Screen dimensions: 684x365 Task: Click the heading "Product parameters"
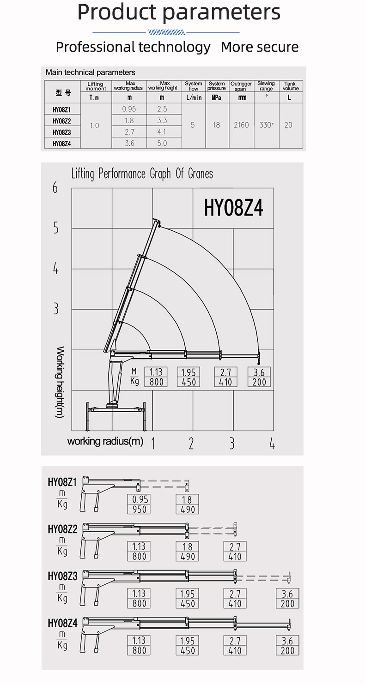click(x=179, y=12)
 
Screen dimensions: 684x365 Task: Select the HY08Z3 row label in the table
click(x=61, y=132)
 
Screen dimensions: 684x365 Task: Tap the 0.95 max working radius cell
click(x=129, y=109)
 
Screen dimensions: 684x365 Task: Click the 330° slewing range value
click(x=266, y=125)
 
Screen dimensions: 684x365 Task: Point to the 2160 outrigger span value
click(x=241, y=125)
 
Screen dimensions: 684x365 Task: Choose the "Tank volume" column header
click(x=291, y=86)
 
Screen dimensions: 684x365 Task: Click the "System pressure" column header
click(x=217, y=86)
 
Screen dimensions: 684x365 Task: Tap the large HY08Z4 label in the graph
click(x=233, y=208)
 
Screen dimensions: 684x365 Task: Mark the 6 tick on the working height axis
click(x=55, y=188)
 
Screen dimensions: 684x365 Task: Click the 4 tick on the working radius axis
click(x=272, y=444)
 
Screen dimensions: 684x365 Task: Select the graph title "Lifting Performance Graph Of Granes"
click(x=142, y=174)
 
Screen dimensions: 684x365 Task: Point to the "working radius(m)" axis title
click(x=105, y=441)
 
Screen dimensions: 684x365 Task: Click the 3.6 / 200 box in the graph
click(x=259, y=377)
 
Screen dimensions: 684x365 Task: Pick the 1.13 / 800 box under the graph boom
click(x=156, y=377)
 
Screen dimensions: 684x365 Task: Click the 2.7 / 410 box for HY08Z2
click(x=235, y=552)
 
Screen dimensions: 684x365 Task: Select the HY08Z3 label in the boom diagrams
click(x=62, y=576)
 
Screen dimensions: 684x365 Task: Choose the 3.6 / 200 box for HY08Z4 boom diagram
click(x=287, y=645)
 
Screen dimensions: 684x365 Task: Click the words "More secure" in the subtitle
click(x=260, y=47)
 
